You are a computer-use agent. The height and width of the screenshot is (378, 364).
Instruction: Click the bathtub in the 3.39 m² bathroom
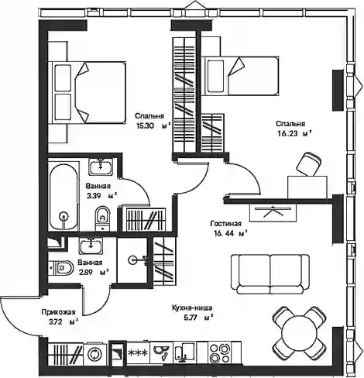(64, 197)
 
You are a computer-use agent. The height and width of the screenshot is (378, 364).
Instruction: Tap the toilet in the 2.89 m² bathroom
(61, 267)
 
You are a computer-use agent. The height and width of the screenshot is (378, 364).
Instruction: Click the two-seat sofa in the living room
(270, 274)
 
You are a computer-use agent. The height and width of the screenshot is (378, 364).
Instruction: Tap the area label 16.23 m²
(294, 133)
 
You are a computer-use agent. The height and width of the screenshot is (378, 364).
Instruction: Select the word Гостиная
(226, 223)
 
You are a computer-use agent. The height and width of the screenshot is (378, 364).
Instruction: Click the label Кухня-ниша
(192, 308)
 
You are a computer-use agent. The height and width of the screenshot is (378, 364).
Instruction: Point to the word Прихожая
(59, 312)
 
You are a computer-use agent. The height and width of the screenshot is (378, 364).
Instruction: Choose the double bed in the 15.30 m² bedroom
(89, 92)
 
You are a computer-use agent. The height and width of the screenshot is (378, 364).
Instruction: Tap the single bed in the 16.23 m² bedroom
(242, 76)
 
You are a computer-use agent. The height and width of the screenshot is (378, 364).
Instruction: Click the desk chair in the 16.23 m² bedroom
(309, 163)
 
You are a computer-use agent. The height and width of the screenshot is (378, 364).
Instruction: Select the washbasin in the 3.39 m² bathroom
(101, 167)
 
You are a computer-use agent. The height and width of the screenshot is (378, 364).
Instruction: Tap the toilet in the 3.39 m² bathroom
(103, 218)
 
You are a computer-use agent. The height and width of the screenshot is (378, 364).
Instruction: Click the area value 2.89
(85, 272)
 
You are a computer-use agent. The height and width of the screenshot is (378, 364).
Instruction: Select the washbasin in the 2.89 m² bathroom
(91, 246)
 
